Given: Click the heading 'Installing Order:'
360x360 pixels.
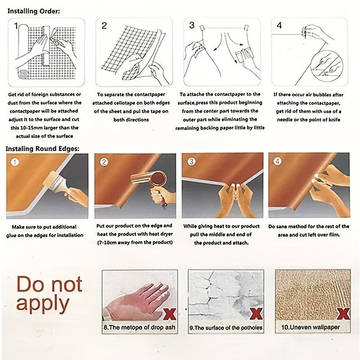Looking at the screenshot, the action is pos(33,11).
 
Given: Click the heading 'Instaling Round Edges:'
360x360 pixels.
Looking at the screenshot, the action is pos(42,149).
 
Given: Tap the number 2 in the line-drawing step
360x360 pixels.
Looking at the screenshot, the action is pos(104,26).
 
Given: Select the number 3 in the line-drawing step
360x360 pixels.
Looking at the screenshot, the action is pos(192,25).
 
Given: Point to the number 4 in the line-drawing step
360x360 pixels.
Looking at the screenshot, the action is pos(279,25).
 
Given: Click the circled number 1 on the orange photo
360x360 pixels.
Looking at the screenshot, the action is pos(15,162).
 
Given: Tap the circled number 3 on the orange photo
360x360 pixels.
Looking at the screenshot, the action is pos(192,162).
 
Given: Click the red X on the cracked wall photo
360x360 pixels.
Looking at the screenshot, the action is pos(256,314).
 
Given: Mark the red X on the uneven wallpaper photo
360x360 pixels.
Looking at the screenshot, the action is pos(343,314).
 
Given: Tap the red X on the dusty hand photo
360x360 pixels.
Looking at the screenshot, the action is pos(170,314).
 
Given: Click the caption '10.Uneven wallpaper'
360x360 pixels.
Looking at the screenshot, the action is pos(310,327).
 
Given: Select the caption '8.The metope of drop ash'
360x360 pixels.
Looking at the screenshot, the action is pos(139,327).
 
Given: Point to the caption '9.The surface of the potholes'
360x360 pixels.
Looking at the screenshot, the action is pos(226,328).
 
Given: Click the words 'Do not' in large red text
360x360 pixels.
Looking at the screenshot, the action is pos(49,284).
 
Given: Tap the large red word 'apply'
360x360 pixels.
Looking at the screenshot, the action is pos(43,304).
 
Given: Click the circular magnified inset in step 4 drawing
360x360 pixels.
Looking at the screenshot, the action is pos(327,66).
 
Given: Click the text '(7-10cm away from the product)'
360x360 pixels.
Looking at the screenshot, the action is pos(135,243).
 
